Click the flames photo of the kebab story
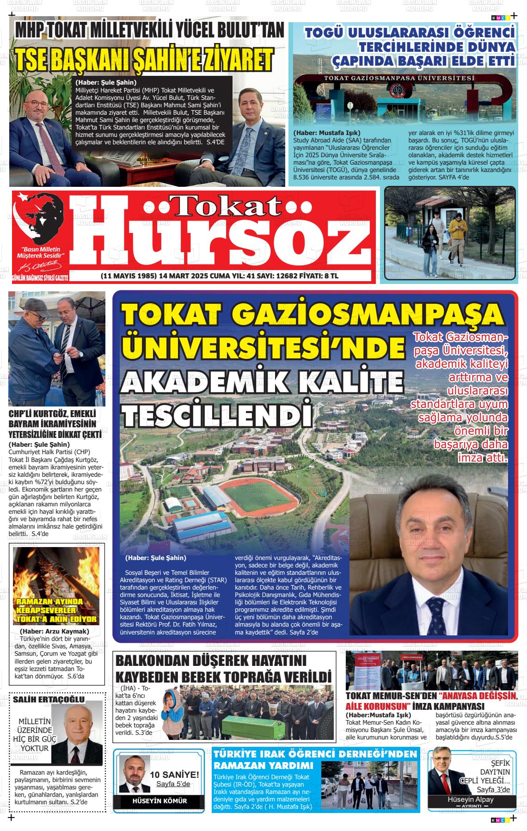coord(56,585)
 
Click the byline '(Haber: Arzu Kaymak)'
coord(54,631)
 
